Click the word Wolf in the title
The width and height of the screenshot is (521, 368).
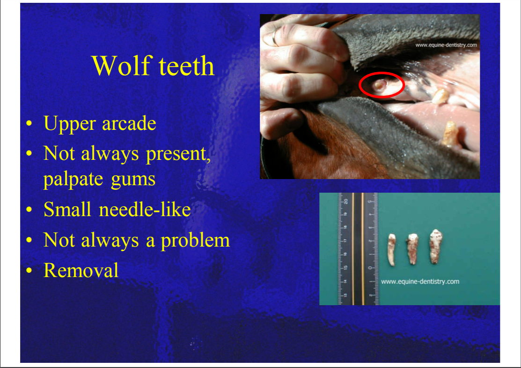point(122,66)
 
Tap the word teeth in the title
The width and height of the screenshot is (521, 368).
point(186,66)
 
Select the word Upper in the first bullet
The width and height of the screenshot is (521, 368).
point(70,124)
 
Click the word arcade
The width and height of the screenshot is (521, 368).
point(129,124)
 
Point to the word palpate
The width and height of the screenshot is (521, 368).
point(73,180)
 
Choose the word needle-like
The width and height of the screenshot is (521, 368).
point(145,210)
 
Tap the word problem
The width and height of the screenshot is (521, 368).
point(195,240)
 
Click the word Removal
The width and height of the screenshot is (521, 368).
point(81,270)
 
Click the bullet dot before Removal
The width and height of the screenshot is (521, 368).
point(29,270)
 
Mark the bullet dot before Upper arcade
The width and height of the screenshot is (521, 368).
point(29,124)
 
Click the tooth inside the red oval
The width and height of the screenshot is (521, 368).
point(379,85)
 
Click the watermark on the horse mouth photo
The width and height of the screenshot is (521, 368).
point(446,45)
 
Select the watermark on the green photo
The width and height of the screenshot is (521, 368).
point(420,281)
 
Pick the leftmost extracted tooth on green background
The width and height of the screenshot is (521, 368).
point(392,249)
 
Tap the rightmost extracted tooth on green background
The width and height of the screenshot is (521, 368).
point(435,246)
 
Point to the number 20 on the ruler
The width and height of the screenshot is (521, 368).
point(345,201)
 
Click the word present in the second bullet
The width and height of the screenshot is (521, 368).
point(178,154)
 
